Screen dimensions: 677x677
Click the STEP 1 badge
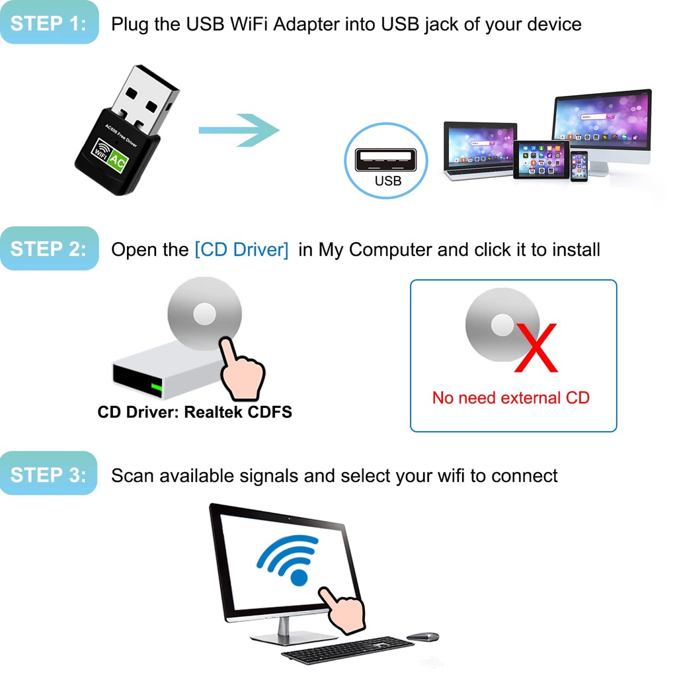pos(49,22)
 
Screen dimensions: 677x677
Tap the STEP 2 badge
pos(49,249)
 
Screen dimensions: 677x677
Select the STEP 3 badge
pos(48,474)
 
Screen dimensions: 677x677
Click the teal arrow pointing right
pos(239,130)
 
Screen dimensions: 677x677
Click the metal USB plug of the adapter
pos(145,98)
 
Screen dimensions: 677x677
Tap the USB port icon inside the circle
pos(385,160)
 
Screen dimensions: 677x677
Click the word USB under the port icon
pos(387,181)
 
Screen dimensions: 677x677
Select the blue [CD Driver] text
pos(242,249)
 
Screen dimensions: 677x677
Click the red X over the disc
pos(536,348)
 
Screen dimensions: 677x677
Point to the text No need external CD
pos(511,397)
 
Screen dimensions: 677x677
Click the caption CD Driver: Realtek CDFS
pos(195,412)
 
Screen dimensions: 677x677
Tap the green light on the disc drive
pos(157,387)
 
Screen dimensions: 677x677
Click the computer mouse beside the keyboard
pos(423,637)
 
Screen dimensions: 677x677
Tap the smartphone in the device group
pos(578,166)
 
